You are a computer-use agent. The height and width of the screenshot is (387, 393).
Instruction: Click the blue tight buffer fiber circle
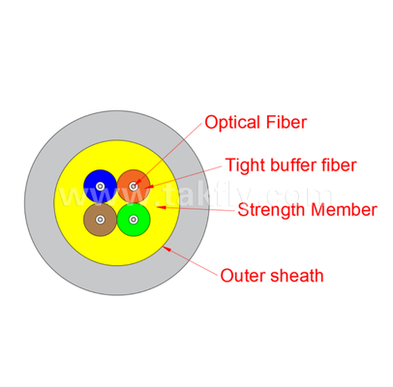point(100,186)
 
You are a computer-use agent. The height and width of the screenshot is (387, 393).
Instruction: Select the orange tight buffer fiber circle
point(134,186)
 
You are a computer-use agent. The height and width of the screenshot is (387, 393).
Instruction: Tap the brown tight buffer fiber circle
point(100,220)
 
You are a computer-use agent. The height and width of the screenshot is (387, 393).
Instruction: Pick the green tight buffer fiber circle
point(134,220)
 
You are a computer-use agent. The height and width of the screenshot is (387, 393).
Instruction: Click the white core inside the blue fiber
point(100,186)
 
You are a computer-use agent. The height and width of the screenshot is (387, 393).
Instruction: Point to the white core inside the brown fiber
point(100,220)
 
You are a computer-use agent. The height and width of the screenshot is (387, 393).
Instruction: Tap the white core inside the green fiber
point(134,220)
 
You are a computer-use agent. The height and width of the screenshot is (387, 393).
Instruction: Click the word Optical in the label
point(232,123)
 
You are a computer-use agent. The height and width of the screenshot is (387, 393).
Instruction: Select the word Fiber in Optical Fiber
point(287,122)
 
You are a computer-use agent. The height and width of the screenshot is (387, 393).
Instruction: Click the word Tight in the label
point(246,165)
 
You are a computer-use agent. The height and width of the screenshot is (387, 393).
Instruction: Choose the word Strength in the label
point(272,210)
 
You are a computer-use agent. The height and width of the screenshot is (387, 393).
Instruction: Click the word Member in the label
point(344,210)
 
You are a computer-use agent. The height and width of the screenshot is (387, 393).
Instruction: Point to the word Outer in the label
point(243,276)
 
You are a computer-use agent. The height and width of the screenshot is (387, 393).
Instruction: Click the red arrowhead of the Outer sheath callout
point(166,249)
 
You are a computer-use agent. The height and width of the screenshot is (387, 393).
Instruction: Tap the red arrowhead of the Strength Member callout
point(161,207)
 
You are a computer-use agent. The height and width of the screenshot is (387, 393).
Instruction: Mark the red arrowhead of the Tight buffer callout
point(149,187)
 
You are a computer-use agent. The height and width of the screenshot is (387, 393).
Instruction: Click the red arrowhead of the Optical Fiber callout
point(136,183)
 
